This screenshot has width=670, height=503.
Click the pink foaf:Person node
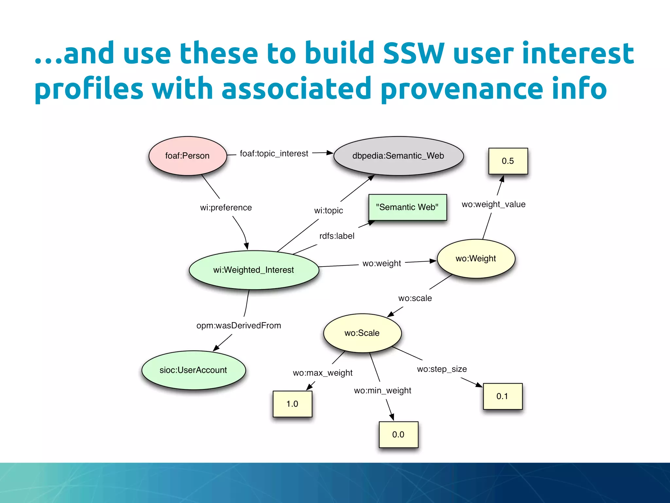point(187,156)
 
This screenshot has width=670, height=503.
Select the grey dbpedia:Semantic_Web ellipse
point(398,156)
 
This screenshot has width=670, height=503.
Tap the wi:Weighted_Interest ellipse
point(254,270)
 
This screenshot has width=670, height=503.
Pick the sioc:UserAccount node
point(193,370)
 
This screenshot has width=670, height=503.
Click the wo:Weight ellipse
point(476,259)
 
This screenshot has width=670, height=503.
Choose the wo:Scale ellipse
point(362,333)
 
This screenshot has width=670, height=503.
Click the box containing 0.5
point(508,161)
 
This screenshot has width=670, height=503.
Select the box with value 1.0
point(292,404)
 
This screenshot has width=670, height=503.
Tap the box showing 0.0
point(398,435)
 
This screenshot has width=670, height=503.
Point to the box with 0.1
point(502,396)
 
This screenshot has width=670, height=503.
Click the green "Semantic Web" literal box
point(407,207)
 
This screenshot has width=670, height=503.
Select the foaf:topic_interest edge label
point(274,154)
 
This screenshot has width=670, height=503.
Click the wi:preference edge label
point(226,208)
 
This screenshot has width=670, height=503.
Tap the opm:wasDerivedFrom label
point(238,326)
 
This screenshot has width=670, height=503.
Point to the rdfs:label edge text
point(337,236)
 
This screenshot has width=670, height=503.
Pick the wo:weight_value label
point(493,204)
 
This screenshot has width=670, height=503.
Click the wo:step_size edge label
point(442,369)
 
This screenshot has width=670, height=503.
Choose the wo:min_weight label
point(382,391)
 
